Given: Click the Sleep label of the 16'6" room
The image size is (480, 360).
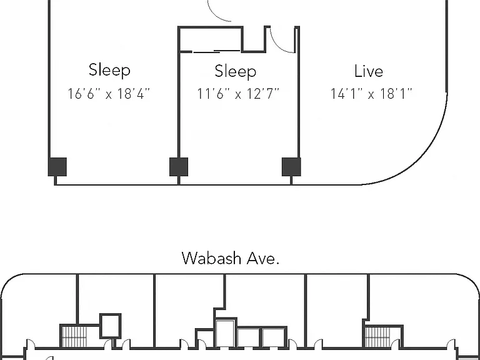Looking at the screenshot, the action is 109,70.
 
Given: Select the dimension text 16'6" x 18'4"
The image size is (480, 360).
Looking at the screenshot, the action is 109,94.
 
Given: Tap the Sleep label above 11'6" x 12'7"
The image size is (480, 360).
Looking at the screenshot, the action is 236,72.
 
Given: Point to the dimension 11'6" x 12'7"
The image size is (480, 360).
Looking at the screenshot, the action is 238,94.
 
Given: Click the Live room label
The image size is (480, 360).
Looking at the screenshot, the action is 369,71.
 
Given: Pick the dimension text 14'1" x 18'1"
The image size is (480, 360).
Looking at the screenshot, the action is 371,94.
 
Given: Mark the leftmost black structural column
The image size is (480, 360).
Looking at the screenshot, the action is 57,167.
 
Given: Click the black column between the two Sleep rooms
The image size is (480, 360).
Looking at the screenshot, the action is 179,167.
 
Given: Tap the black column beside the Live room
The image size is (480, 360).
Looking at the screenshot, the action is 291,167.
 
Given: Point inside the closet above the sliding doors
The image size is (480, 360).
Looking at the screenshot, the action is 210,39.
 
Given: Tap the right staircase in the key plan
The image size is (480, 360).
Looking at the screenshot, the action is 377,337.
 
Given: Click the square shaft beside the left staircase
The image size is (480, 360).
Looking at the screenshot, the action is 111,326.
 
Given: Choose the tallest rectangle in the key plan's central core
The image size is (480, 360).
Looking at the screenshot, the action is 225,333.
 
